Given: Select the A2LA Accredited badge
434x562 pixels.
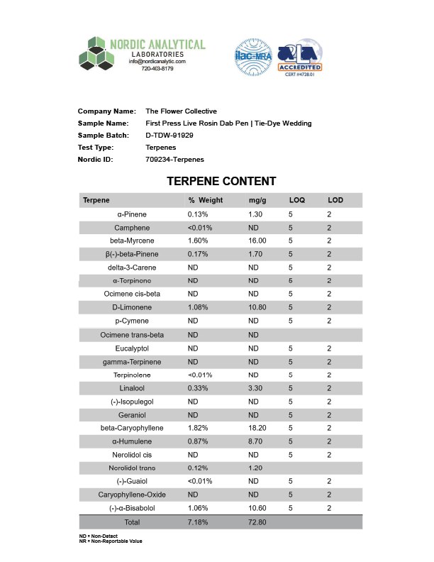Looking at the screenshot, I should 300,57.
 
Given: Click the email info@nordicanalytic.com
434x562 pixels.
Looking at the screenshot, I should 157,62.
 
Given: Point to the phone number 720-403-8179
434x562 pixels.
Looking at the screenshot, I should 157,69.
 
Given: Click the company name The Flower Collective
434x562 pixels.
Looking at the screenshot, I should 181,111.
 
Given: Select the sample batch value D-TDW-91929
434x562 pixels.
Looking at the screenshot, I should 169,135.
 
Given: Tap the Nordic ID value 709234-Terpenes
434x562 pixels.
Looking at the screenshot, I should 174,159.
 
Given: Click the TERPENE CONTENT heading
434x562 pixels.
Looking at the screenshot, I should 221,182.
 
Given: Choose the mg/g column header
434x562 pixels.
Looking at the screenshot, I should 257,200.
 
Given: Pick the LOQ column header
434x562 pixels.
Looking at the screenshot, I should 296,200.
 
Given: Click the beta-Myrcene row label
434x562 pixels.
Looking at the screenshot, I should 137,241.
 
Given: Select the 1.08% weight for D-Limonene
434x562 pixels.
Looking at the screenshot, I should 198,308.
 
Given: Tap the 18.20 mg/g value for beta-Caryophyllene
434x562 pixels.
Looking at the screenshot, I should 257,429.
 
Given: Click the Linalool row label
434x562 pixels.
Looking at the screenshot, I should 137,388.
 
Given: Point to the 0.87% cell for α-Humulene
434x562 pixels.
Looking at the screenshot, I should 198,441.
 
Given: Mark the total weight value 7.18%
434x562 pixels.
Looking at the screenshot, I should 198,522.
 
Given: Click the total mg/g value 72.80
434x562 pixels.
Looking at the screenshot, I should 257,522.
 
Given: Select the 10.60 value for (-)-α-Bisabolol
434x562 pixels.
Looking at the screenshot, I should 257,508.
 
